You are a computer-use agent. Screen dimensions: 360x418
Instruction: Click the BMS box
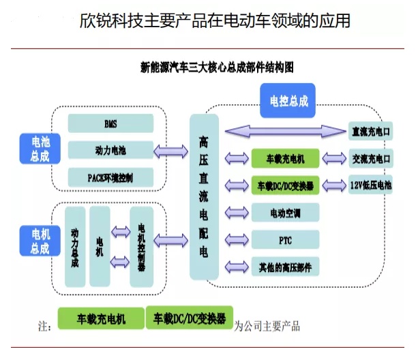pos(110,124)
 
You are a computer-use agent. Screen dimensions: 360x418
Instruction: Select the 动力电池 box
pos(110,150)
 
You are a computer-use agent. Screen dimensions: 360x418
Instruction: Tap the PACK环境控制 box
pos(110,177)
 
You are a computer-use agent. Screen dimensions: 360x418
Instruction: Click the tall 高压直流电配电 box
pos(204,196)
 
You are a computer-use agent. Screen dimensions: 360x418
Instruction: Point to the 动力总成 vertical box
pos(75,247)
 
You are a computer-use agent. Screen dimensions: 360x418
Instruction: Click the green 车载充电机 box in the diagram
pos(285,159)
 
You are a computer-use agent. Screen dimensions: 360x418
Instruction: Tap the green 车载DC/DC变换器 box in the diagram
pos(285,185)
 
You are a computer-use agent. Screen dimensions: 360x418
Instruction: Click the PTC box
pos(285,239)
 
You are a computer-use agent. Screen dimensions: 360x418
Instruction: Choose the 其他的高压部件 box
pos(285,266)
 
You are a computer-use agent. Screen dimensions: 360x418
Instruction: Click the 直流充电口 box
pos(371,132)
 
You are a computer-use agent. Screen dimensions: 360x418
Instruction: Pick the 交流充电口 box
pos(371,159)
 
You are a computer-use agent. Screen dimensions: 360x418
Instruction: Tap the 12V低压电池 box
pos(371,185)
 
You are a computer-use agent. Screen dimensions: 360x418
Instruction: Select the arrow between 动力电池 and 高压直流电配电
pos(171,150)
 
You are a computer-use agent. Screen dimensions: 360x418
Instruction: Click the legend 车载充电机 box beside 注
pos(101,318)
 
